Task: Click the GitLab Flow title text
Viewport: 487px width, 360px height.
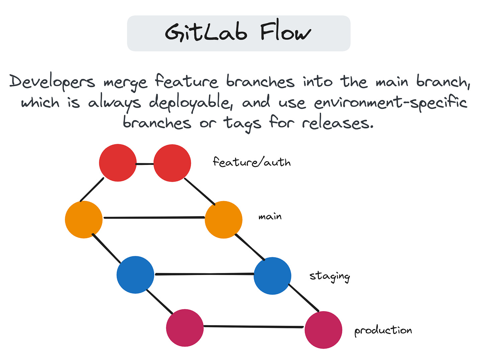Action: coord(238,33)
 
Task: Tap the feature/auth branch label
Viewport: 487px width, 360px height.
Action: coord(252,162)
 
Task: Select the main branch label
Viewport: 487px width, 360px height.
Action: coord(270,217)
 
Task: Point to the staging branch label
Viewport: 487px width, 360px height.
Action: coord(329,276)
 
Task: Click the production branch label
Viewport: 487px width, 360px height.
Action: coord(383,331)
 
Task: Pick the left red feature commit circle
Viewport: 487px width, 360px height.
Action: coord(118,163)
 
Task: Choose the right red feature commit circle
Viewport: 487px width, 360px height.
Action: coord(172,163)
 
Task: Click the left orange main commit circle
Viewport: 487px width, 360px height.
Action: coord(84,219)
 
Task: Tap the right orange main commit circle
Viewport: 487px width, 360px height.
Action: coord(223,219)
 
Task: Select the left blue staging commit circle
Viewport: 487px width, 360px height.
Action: coord(135,275)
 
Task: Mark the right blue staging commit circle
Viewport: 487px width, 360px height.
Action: coord(272,276)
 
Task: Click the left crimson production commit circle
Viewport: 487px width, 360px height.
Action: coord(185,328)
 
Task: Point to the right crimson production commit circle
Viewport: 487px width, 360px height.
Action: coord(323,330)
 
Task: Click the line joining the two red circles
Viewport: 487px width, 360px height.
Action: coord(145,164)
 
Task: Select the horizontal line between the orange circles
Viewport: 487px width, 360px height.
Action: coord(154,218)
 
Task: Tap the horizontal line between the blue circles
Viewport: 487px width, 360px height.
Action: coord(204,274)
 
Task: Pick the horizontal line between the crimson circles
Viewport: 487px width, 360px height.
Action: coord(254,327)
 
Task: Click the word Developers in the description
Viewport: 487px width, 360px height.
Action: coord(52,82)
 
